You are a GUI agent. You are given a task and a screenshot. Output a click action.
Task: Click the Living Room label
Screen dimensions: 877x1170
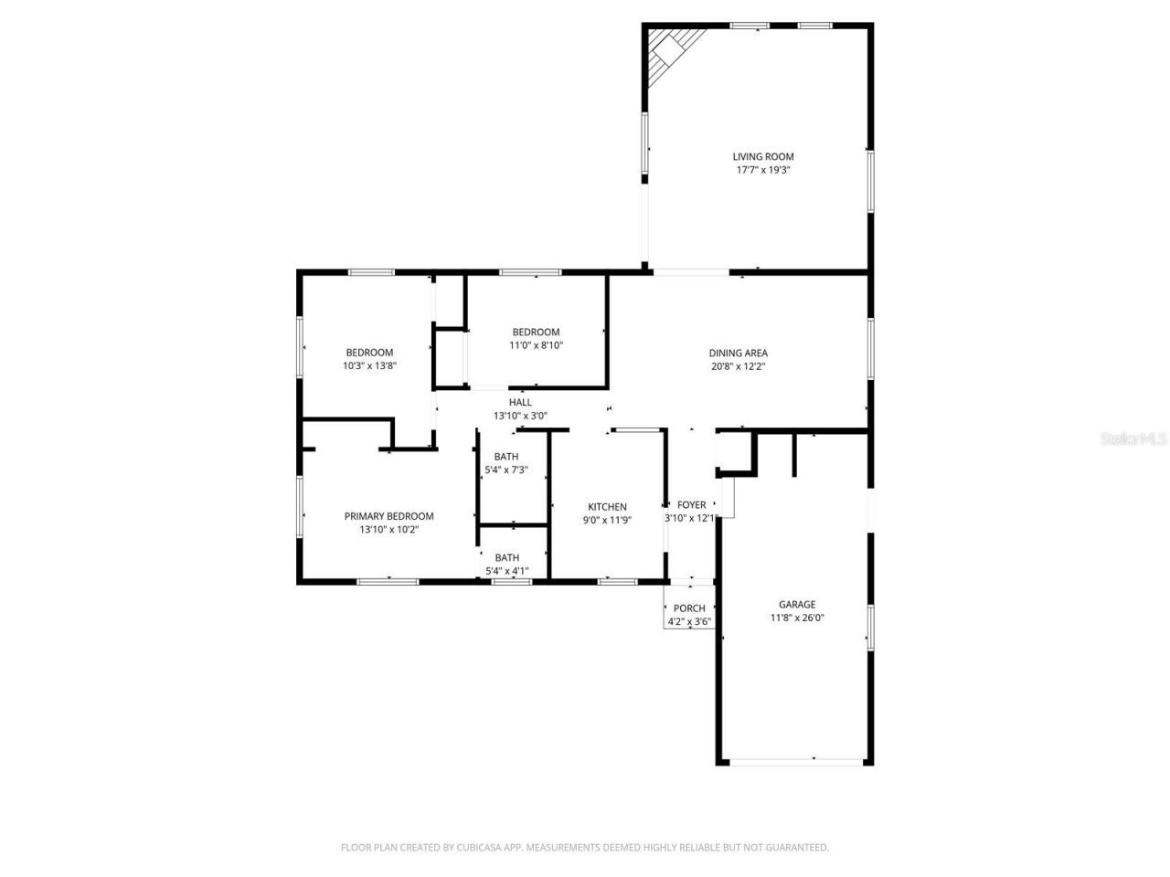(x=762, y=156)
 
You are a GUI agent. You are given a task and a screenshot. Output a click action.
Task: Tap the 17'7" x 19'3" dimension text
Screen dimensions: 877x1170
(x=762, y=170)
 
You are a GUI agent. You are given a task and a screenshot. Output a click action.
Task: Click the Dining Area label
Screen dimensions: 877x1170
(x=738, y=353)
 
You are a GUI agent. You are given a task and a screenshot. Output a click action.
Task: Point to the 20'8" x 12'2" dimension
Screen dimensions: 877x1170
(x=738, y=366)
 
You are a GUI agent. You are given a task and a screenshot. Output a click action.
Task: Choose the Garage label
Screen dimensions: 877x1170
(x=796, y=604)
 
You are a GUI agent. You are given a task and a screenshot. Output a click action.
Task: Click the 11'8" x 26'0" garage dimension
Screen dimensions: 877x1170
(x=796, y=618)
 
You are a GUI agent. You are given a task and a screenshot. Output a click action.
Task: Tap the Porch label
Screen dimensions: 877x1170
(x=689, y=608)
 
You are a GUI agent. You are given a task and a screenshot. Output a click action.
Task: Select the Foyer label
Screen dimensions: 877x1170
(x=691, y=504)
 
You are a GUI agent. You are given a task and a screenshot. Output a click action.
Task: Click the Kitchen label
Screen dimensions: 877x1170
(x=607, y=507)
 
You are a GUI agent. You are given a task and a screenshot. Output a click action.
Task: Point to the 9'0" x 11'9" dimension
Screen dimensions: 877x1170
(x=607, y=521)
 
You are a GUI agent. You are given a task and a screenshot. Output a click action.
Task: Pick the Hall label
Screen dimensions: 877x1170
(x=520, y=402)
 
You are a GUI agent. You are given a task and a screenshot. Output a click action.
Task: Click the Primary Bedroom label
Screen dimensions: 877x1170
(x=388, y=516)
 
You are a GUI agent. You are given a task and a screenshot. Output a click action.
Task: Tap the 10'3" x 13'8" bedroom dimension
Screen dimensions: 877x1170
(x=369, y=365)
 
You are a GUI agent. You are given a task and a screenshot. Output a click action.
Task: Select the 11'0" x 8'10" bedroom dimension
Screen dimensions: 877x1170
(x=536, y=345)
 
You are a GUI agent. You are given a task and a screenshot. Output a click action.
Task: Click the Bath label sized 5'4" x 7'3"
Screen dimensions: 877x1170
(x=505, y=457)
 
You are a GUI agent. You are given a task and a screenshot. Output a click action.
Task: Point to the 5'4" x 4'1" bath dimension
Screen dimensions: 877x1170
(x=506, y=572)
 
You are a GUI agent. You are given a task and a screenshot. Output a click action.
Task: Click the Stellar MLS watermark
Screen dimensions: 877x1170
(x=1133, y=438)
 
